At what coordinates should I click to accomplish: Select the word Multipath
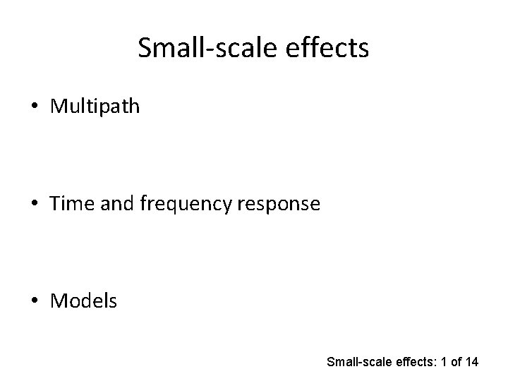point(95,107)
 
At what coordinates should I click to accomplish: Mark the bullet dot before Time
point(35,205)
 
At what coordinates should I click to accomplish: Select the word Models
point(84,301)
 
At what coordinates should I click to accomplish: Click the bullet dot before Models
point(35,302)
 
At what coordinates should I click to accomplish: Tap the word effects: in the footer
point(409,363)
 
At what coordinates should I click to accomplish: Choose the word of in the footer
point(455,363)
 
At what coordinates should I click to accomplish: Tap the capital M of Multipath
point(59,107)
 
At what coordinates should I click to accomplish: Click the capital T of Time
point(55,204)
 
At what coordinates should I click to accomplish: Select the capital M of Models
point(59,301)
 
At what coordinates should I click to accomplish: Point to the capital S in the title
point(145,48)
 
